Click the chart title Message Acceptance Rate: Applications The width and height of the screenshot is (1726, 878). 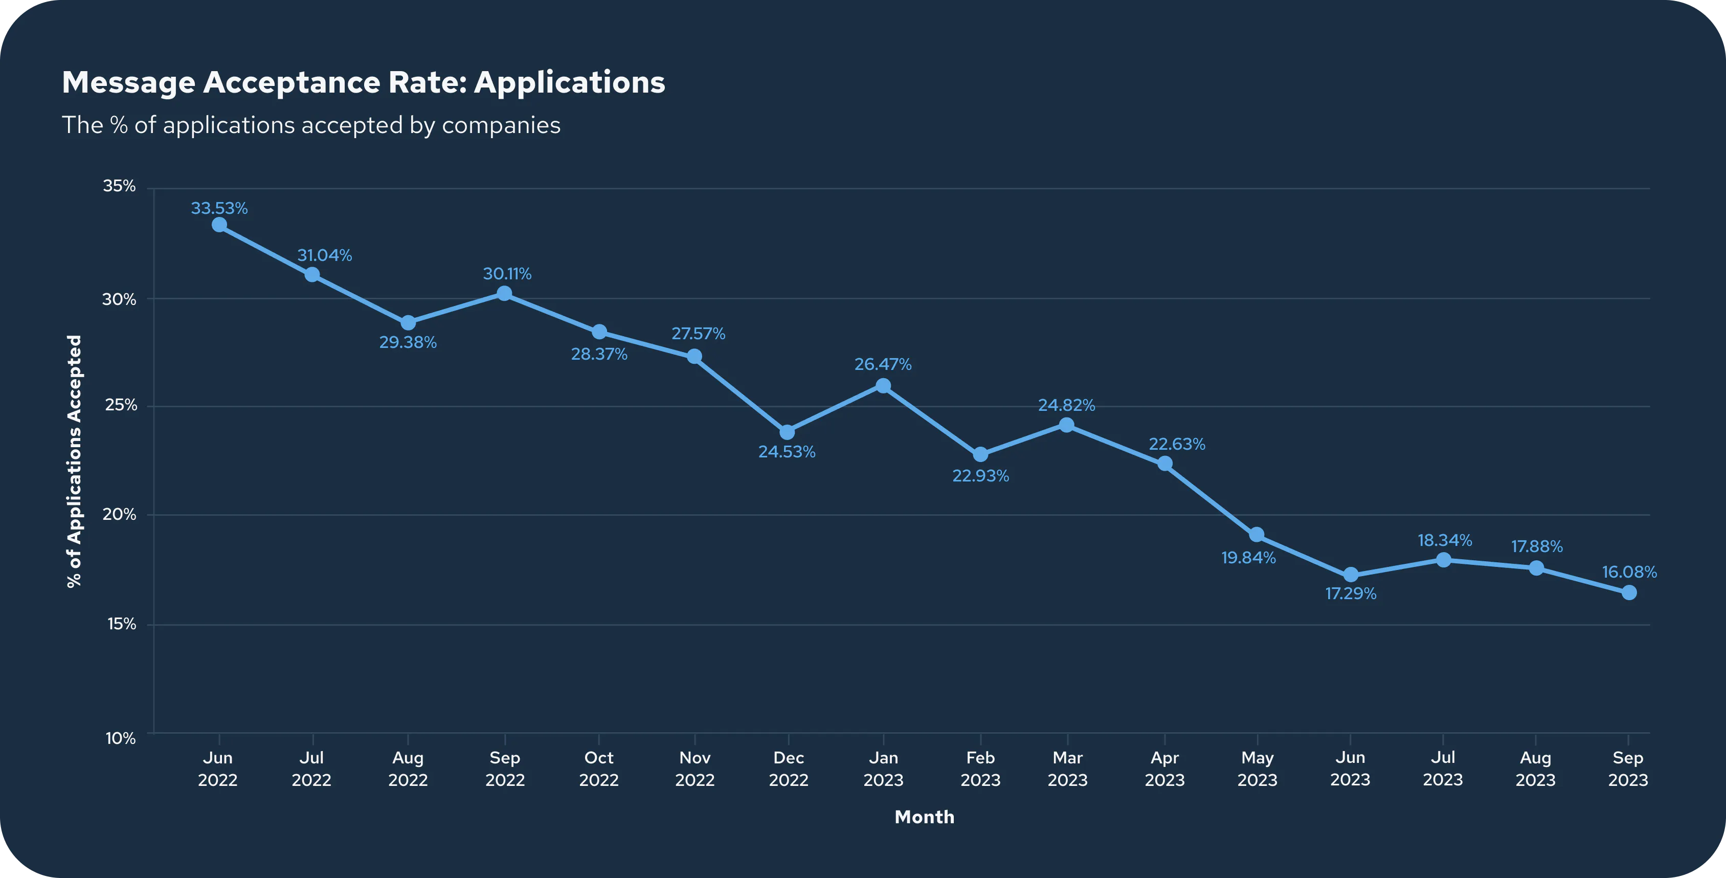363,83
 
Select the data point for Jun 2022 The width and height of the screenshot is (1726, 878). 219,225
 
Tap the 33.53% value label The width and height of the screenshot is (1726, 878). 219,208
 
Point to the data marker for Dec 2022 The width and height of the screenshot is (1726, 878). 787,432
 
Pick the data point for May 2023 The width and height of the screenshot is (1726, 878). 1257,535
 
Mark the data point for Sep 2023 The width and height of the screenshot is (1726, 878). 1629,592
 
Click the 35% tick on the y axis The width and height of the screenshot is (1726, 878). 119,186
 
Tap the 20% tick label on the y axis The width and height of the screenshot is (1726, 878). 119,514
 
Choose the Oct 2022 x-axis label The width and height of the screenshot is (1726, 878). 599,768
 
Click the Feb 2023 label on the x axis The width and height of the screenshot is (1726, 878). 980,768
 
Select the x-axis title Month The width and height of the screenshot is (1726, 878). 925,817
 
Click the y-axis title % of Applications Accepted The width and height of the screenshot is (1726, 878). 74,461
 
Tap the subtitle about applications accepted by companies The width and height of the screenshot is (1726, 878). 311,125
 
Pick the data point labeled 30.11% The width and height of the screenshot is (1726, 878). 505,294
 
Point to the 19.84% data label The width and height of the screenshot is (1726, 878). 1248,558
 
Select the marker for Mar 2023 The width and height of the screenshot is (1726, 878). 1067,425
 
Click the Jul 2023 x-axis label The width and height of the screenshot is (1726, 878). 1443,768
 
